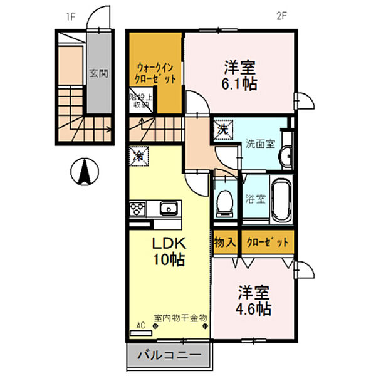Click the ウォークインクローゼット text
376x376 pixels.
point(155,73)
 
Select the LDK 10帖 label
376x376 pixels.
point(168,251)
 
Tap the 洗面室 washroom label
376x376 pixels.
point(260,144)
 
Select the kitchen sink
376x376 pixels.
point(168,209)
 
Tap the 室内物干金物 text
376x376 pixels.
point(181,318)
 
